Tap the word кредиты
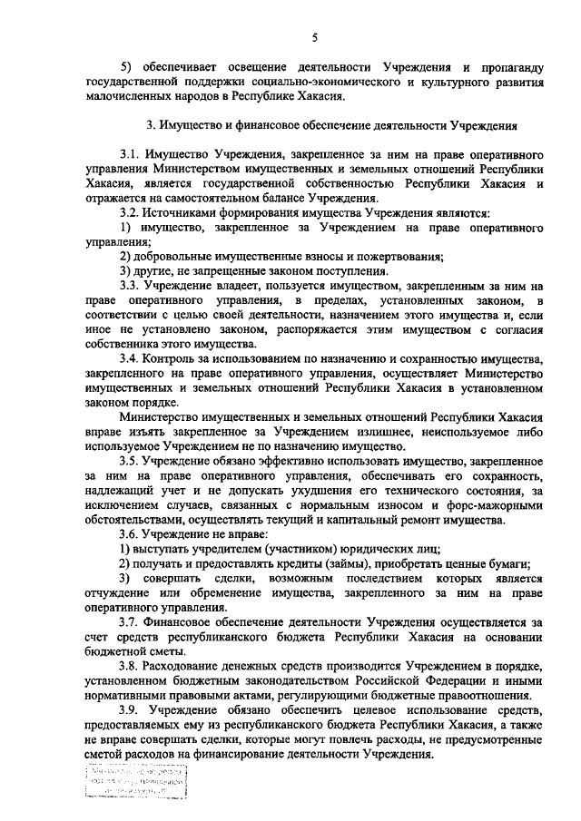(272, 563)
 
